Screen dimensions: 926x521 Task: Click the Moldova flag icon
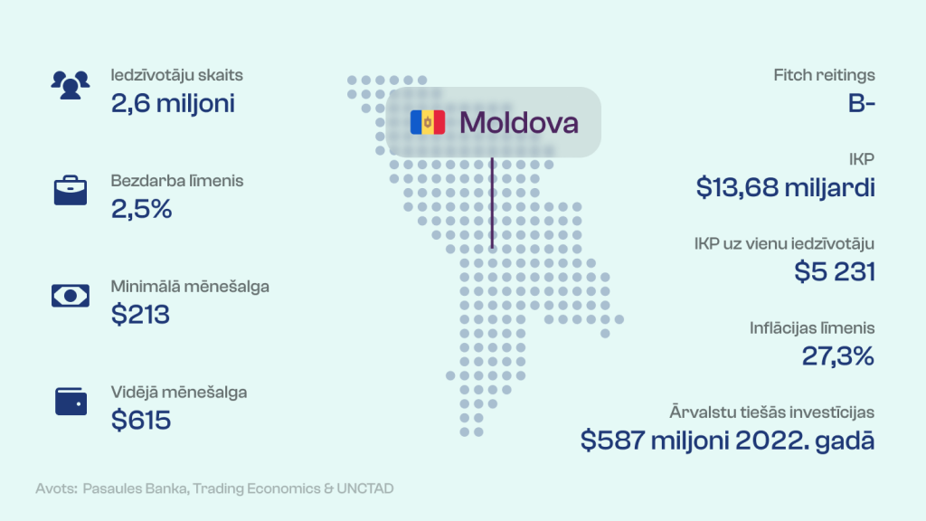coord(428,122)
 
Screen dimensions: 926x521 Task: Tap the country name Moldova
coord(518,123)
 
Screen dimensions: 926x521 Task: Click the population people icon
coord(71,85)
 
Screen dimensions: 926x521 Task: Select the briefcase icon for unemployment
coord(71,190)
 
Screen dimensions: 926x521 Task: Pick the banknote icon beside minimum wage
coord(71,296)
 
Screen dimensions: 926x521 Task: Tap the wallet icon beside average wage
coord(71,401)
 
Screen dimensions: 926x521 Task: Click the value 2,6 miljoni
coord(173,103)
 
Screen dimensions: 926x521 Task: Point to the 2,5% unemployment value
coord(142,209)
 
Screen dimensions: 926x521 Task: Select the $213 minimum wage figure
coord(140,314)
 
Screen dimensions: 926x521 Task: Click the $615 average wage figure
coord(141,420)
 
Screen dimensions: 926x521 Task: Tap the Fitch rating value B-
coord(862,103)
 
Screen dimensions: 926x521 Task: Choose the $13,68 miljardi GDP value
coord(786,187)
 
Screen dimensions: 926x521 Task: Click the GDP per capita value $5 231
coord(835,271)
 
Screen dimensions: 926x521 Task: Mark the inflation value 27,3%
coord(838,356)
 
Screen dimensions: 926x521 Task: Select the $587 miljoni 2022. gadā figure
coord(728,440)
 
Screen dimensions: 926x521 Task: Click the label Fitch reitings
coord(825,75)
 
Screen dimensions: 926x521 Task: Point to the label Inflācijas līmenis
coord(812,327)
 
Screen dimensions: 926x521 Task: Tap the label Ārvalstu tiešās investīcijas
coord(772,412)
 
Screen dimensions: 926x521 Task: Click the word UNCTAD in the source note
coord(365,488)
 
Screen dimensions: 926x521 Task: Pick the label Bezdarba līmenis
coord(177,180)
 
